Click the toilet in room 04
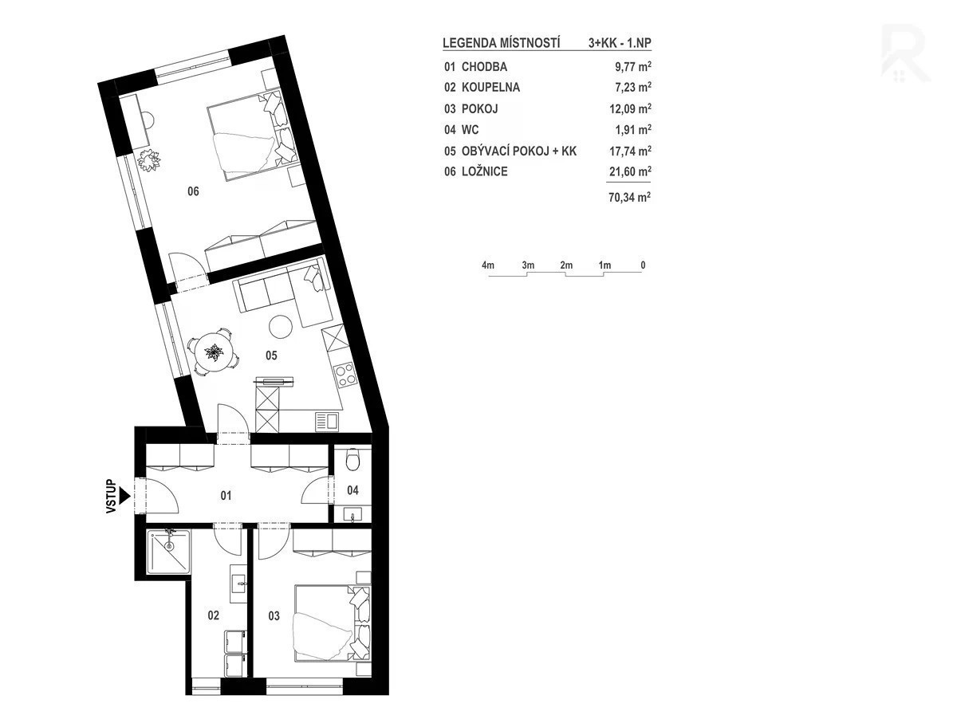(x=352, y=458)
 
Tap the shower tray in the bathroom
(x=168, y=552)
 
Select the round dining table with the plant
(x=214, y=352)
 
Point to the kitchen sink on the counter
(x=326, y=421)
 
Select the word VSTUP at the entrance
(x=111, y=496)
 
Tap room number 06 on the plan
(x=193, y=191)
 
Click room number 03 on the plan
(x=274, y=616)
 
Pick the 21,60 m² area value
(x=630, y=171)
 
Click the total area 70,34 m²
(x=630, y=198)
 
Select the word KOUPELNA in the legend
(x=490, y=88)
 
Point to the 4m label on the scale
(x=488, y=265)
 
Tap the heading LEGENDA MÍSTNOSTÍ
(x=502, y=43)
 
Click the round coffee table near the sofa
(x=281, y=326)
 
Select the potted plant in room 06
(x=148, y=160)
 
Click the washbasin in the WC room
(x=352, y=515)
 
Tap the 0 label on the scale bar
(x=643, y=265)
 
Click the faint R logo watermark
(x=904, y=53)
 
